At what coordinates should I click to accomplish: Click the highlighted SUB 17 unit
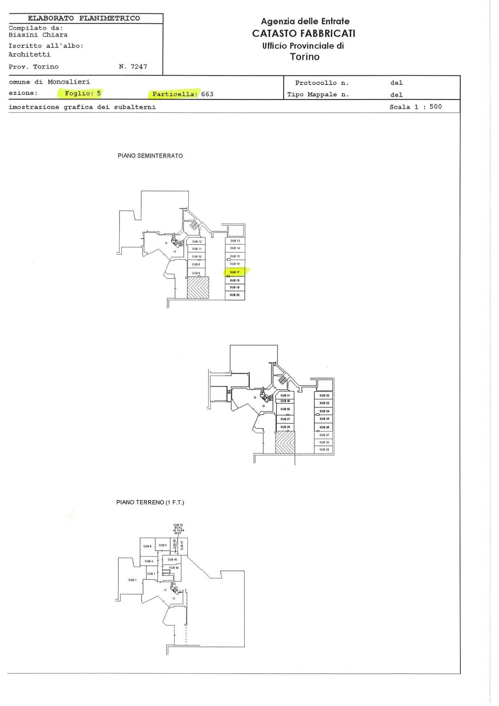click(235, 272)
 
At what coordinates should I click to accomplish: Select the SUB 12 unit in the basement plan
click(197, 242)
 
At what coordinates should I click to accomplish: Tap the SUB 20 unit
click(235, 295)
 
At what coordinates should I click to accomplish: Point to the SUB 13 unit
click(235, 241)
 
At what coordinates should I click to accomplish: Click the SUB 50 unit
click(285, 409)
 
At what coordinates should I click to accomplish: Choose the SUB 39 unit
click(324, 450)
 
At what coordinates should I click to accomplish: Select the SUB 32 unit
click(324, 396)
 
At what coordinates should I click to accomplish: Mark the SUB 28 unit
click(285, 427)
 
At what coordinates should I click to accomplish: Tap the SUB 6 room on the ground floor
click(147, 546)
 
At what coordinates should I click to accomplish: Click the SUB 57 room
click(182, 545)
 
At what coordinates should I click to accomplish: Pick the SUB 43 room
click(172, 560)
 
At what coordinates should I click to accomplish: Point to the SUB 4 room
click(149, 561)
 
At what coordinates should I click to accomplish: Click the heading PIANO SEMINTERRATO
click(150, 156)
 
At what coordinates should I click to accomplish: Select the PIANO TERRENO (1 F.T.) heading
click(150, 502)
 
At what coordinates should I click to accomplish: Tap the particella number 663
click(207, 94)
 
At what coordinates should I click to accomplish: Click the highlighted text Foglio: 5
click(83, 93)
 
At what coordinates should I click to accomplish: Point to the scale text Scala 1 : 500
click(416, 107)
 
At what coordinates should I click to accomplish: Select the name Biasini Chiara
click(38, 35)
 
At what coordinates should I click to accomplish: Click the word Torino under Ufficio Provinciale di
click(304, 57)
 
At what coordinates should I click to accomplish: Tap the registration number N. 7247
click(133, 67)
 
